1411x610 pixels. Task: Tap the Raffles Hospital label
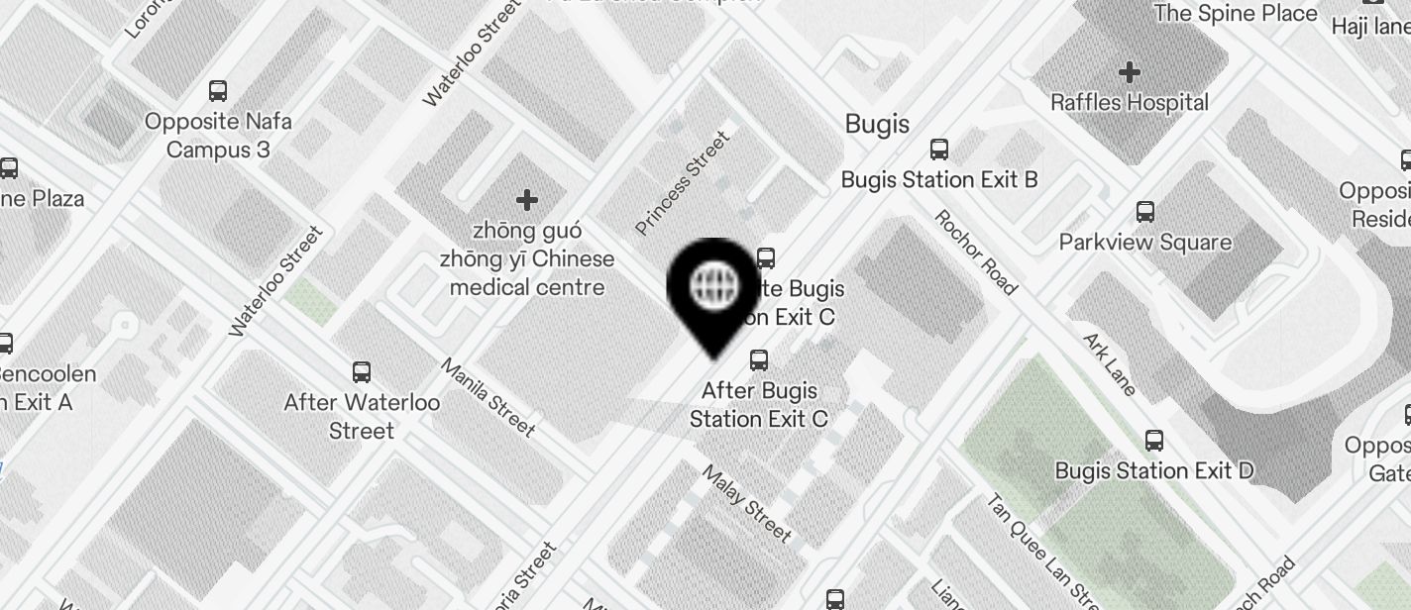point(1130,102)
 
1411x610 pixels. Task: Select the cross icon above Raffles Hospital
point(1130,72)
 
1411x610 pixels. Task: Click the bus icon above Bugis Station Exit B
point(938,150)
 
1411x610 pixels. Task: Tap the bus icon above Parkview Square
point(1145,212)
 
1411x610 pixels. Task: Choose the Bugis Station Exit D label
point(1154,470)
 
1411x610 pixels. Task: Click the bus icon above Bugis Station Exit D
point(1154,441)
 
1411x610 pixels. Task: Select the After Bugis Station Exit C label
point(759,404)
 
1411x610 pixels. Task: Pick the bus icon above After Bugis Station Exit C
point(759,359)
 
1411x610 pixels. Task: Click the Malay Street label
point(747,502)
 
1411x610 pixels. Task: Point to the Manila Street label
point(488,397)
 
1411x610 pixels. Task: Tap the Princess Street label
point(683,183)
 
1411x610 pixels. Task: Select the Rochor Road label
point(975,252)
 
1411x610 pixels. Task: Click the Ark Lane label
point(1110,363)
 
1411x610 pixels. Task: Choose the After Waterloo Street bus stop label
point(362,417)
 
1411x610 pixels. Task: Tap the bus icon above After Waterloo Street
point(362,372)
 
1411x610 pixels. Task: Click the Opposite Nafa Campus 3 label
point(218,136)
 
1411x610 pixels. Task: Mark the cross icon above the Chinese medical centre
point(527,200)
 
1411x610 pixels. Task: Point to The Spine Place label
point(1236,13)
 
